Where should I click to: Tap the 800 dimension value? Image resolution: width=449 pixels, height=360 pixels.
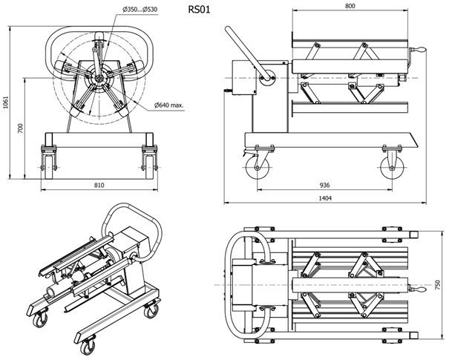click(350, 6)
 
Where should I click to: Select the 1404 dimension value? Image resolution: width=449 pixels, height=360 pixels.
click(326, 198)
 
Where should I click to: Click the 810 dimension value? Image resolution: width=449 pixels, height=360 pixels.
click(99, 185)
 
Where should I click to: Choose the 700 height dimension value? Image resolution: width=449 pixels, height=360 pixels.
click(22, 127)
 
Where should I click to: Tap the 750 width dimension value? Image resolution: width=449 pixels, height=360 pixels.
click(437, 284)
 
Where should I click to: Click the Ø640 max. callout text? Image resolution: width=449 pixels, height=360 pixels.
click(170, 106)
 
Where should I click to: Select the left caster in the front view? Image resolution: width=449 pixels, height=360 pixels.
click(50, 159)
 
